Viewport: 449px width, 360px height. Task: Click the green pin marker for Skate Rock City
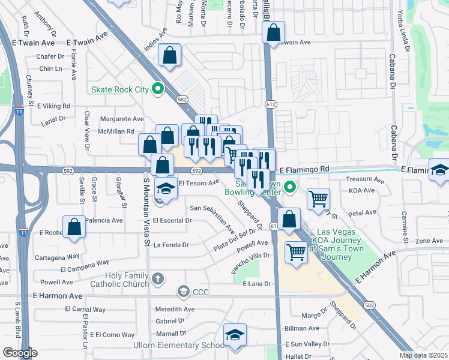pyautogui.click(x=158, y=89)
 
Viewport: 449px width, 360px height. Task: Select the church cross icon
pyautogui.click(x=158, y=279)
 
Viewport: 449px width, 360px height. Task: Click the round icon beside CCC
pyautogui.click(x=183, y=292)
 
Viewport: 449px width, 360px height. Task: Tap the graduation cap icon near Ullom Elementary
pyautogui.click(x=235, y=336)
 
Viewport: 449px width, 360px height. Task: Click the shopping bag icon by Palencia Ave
pyautogui.click(x=74, y=227)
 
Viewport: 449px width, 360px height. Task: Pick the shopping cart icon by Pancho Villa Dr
pyautogui.click(x=296, y=252)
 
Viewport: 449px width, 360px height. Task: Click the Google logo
pyautogui.click(x=20, y=353)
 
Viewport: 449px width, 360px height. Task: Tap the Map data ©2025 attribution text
pyautogui.click(x=423, y=355)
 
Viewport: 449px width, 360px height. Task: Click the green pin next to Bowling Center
pyautogui.click(x=291, y=188)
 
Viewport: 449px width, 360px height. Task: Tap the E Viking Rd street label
pyautogui.click(x=53, y=106)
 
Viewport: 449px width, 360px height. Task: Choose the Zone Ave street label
pyautogui.click(x=429, y=241)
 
